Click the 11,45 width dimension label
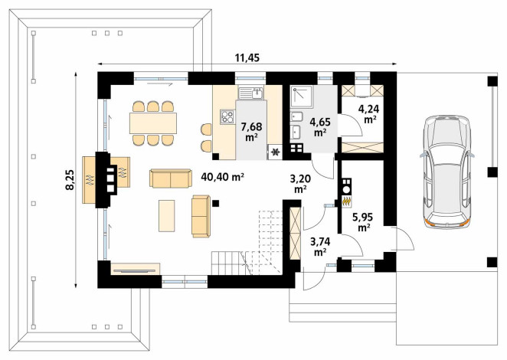(247, 58)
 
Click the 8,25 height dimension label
(70, 180)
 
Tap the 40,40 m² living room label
(222, 177)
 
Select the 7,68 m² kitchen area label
(251, 131)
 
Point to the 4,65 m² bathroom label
(320, 127)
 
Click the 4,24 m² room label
(368, 114)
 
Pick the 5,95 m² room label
(364, 222)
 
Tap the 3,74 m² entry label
(320, 247)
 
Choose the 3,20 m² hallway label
(300, 183)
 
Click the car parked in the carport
(446, 171)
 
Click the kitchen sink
(251, 93)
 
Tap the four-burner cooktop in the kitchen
(227, 116)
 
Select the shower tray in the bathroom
(301, 97)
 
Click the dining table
(153, 123)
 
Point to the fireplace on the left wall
(106, 180)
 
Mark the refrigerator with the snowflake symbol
(276, 152)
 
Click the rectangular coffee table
(167, 216)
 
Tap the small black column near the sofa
(216, 203)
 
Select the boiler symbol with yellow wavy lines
(347, 201)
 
